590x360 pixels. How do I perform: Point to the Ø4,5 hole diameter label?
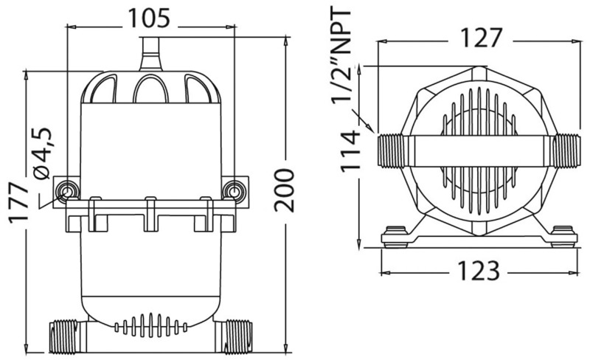(42, 153)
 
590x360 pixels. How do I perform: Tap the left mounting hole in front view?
(67, 191)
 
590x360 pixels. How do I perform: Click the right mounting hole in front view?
(235, 191)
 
